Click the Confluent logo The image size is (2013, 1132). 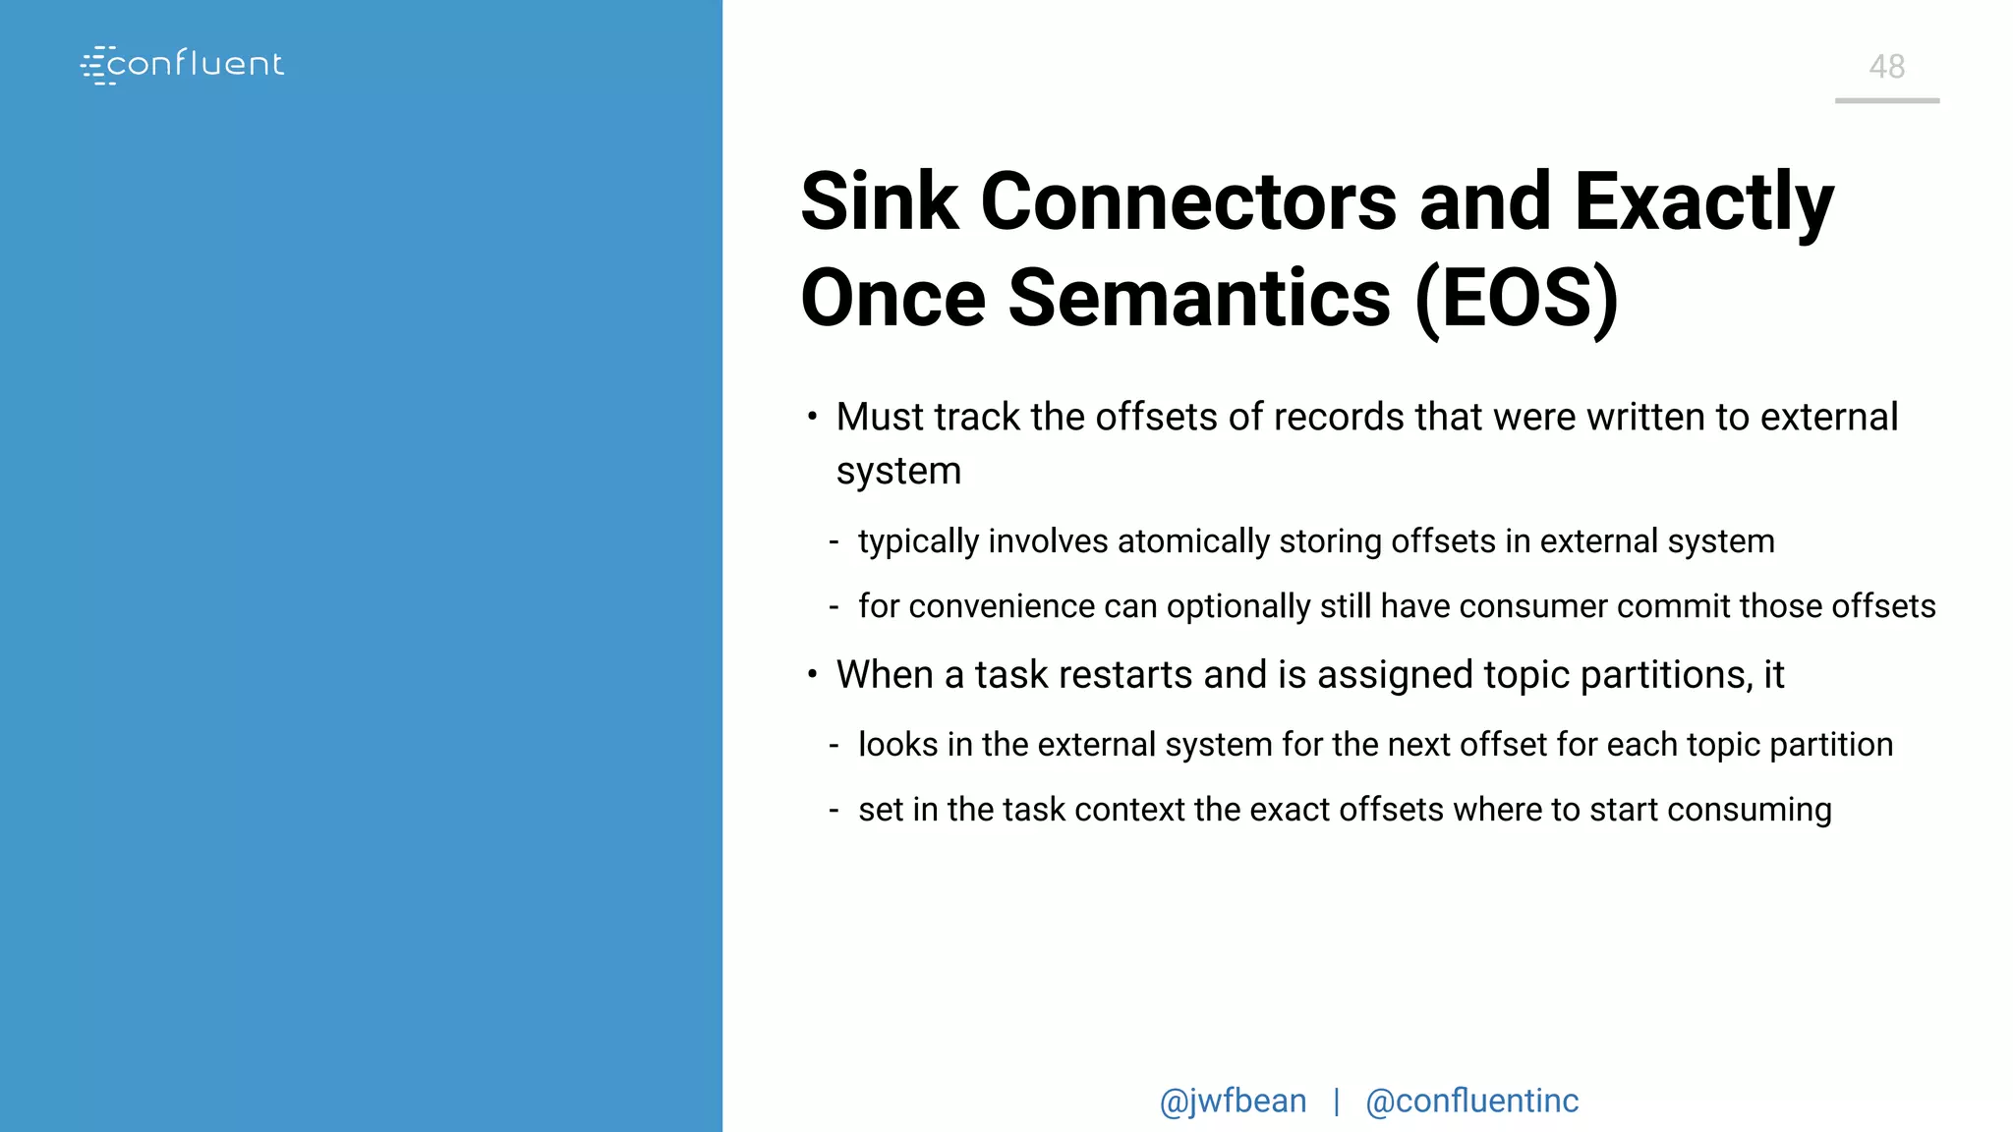pyautogui.click(x=183, y=65)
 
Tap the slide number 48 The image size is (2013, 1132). pyautogui.click(x=1886, y=67)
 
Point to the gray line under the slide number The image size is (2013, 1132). pyautogui.click(x=1886, y=100)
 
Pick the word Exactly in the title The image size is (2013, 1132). pyautogui.click(x=1703, y=203)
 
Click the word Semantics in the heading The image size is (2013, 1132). pyautogui.click(x=1199, y=298)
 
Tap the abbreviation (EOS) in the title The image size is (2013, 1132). pyautogui.click(x=1517, y=298)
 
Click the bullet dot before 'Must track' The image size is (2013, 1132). pyautogui.click(x=812, y=417)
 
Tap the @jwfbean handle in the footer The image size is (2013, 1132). pyautogui.click(x=1233, y=1102)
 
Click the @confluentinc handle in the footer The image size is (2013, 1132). pyautogui.click(x=1471, y=1102)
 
